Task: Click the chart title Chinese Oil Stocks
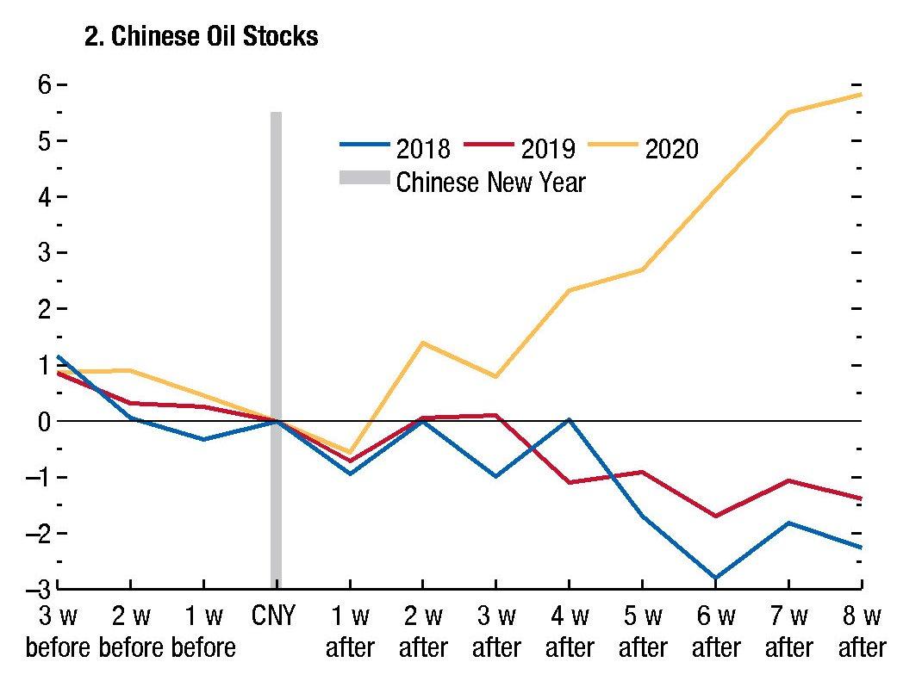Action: [x=201, y=38]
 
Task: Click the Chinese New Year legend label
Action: [x=490, y=183]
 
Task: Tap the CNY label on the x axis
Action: [x=276, y=617]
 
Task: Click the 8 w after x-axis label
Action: [x=863, y=632]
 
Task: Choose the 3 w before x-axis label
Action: [x=57, y=632]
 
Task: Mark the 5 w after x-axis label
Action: [x=642, y=632]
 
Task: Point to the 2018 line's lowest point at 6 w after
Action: [x=715, y=578]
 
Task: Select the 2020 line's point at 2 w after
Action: [x=422, y=343]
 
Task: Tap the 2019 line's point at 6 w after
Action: [x=715, y=516]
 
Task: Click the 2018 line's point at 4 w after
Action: [x=569, y=419]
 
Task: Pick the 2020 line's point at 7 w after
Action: [x=788, y=112]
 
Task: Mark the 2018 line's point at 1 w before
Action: [x=202, y=439]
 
